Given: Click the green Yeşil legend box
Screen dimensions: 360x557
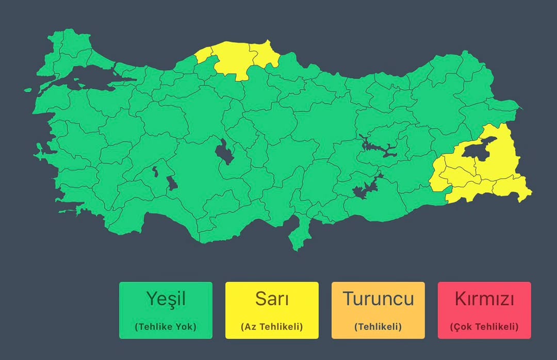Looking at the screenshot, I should coord(166,310).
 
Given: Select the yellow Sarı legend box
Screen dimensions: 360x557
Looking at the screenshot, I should coord(272,310).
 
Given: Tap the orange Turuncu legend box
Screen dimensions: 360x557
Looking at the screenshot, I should coord(378,310).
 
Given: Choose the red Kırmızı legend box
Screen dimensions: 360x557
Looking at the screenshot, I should coord(484,310).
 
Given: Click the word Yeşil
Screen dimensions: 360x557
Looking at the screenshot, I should coord(166,299).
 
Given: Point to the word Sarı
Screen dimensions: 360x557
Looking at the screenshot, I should coord(272,299).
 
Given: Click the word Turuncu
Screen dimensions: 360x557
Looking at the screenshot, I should coord(378,299).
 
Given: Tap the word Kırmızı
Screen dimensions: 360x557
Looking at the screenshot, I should coord(484,299).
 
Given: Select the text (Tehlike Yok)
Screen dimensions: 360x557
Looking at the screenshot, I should coord(166,326).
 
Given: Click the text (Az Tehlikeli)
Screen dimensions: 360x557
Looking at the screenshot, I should coord(272,326).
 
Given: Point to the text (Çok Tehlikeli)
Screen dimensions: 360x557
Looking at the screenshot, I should coord(484,326).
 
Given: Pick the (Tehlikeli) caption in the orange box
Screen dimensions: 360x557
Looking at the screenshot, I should coord(378,326).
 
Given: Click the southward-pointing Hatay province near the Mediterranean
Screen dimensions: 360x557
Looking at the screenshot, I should coord(297,235).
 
